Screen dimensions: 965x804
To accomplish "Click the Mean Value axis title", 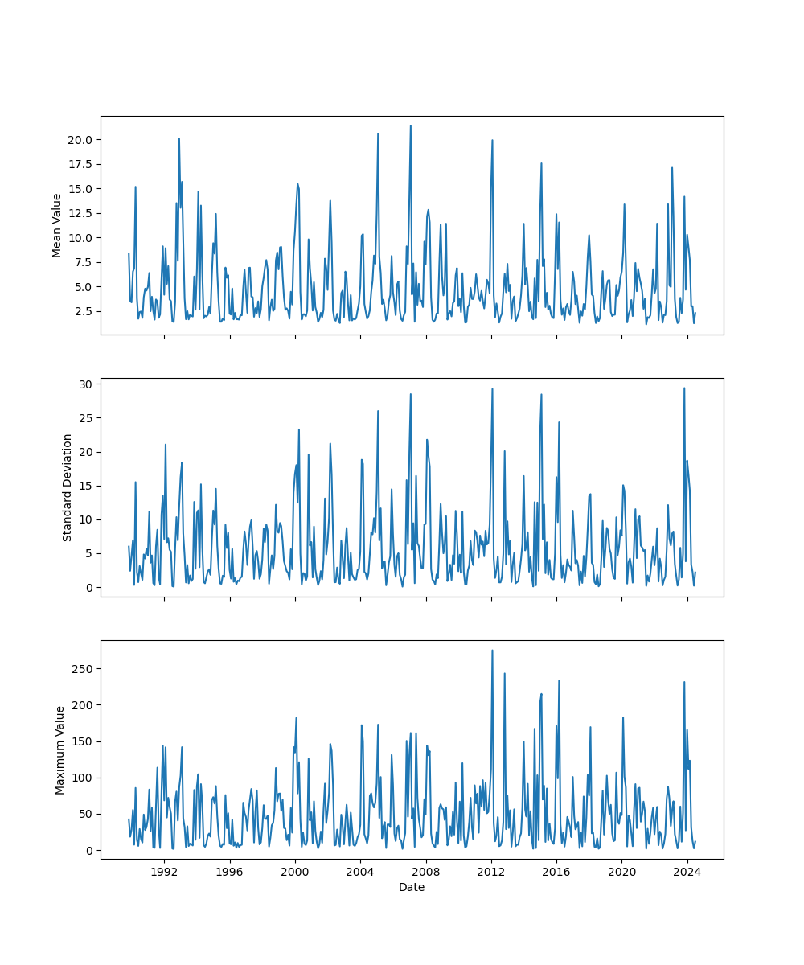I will click(57, 225).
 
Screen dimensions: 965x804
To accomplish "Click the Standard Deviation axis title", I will click(68, 487).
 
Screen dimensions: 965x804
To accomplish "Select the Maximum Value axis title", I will click(60, 749).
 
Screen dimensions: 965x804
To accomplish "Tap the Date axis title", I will click(412, 887).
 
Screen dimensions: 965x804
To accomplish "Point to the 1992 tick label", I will click(164, 871).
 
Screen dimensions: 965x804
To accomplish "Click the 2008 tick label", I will click(425, 871).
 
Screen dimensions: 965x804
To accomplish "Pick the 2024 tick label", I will click(687, 871).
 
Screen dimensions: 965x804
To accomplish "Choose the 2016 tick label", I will click(556, 871).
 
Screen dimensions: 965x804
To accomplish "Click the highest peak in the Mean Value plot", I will click(410, 125).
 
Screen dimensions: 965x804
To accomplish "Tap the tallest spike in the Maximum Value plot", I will click(492, 651).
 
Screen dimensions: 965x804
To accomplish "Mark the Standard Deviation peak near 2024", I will click(684, 388).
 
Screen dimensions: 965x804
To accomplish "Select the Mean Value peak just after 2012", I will click(492, 141).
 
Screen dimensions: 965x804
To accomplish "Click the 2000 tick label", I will click(295, 871).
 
